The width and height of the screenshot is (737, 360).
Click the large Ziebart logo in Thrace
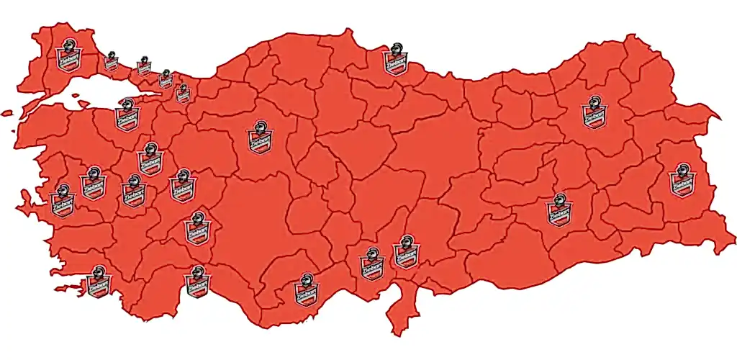click(x=68, y=55)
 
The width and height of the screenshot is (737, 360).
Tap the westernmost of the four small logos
click(x=111, y=60)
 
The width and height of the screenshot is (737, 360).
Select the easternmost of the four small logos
click(x=183, y=92)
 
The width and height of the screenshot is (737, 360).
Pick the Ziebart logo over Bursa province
click(x=127, y=115)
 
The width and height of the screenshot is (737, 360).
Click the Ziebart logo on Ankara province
click(x=259, y=138)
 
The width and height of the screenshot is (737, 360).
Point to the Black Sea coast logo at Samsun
click(x=394, y=58)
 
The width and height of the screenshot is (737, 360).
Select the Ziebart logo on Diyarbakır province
click(x=558, y=210)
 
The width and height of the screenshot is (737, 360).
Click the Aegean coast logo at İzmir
click(x=62, y=200)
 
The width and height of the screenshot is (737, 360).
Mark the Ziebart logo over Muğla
click(x=99, y=282)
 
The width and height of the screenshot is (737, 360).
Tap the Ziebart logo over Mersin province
click(x=307, y=289)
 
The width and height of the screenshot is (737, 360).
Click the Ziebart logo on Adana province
click(x=371, y=263)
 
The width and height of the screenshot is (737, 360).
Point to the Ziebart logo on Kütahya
click(x=150, y=159)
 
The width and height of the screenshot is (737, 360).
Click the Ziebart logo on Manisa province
click(x=92, y=181)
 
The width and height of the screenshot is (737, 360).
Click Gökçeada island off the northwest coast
click(x=7, y=113)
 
